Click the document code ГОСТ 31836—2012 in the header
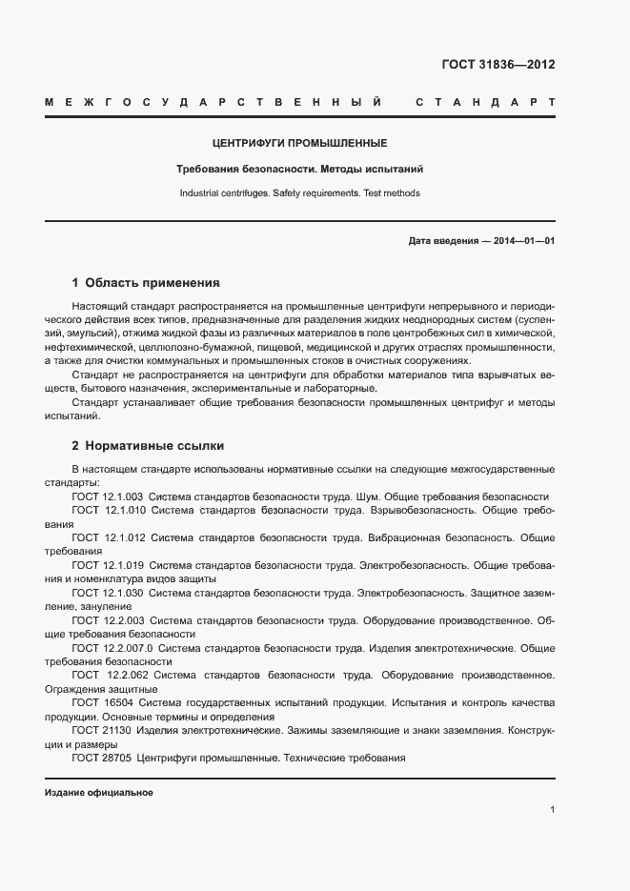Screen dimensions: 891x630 click(498, 65)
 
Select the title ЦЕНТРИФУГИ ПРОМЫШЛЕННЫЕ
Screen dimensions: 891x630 click(299, 144)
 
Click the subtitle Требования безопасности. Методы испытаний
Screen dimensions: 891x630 click(299, 169)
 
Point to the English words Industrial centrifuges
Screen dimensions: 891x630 click(224, 193)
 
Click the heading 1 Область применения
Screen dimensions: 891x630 click(146, 283)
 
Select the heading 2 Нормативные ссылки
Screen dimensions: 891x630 click(148, 445)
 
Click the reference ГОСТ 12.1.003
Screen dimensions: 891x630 click(107, 496)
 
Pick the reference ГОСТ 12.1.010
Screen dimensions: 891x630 click(107, 511)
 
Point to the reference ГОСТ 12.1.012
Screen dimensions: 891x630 click(107, 537)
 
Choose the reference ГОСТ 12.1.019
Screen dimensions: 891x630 click(107, 565)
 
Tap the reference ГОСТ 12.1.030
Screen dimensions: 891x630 click(107, 593)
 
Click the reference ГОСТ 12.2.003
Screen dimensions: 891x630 click(107, 620)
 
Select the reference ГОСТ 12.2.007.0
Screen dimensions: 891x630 click(112, 648)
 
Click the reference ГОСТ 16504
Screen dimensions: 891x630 click(100, 703)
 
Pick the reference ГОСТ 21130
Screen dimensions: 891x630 click(100, 731)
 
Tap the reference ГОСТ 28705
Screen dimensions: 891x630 click(100, 759)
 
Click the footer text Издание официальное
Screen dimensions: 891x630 click(99, 793)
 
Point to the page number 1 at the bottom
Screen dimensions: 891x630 click(552, 810)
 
